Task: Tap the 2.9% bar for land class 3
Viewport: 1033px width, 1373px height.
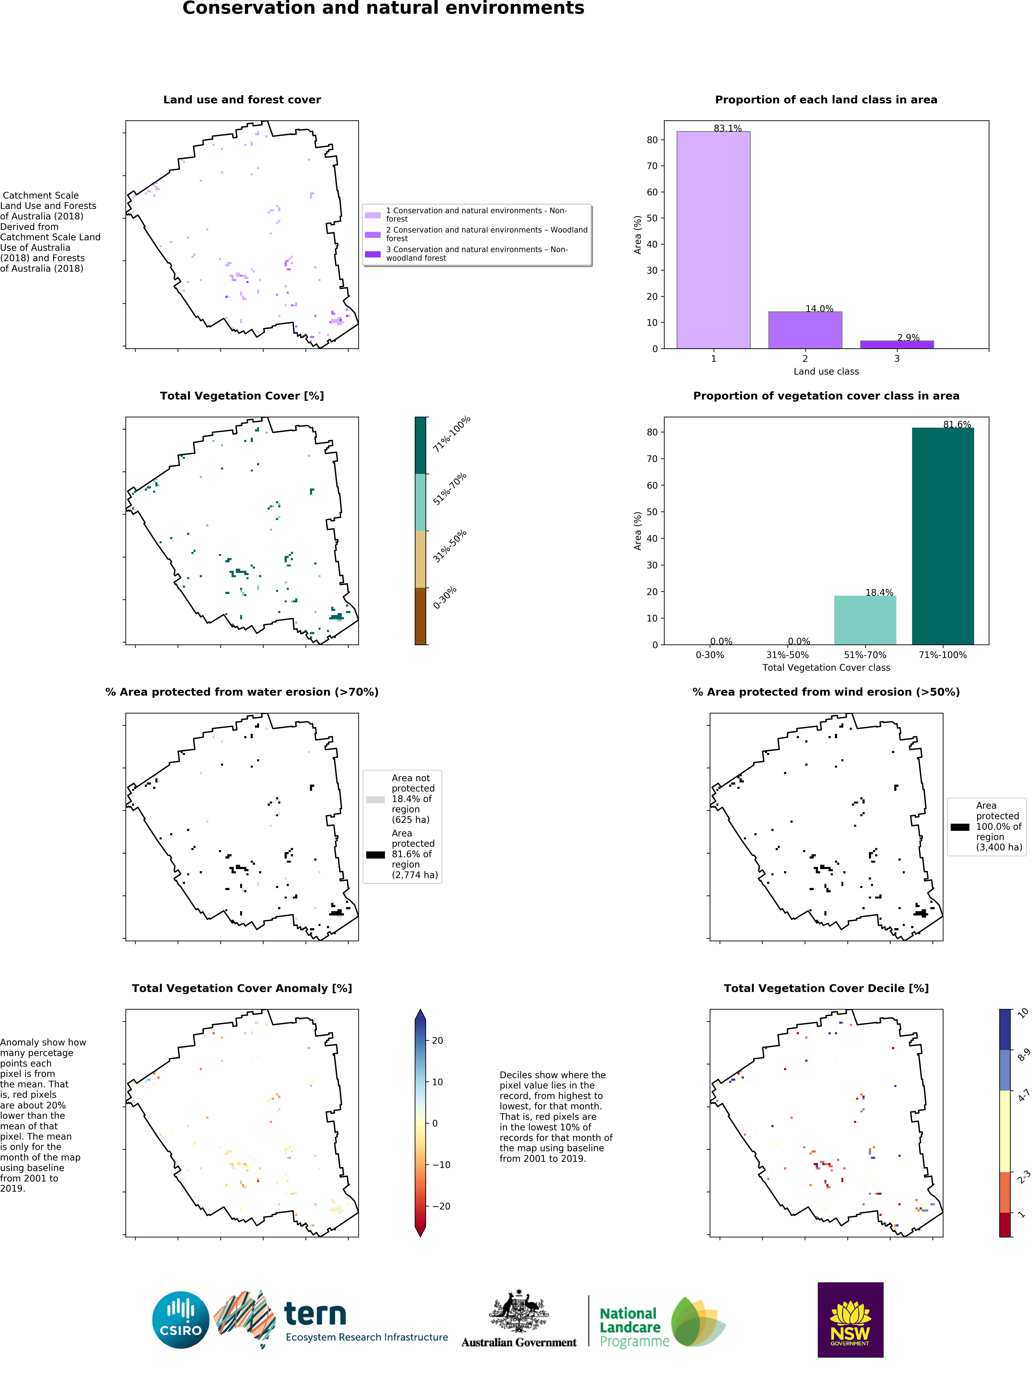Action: click(x=897, y=344)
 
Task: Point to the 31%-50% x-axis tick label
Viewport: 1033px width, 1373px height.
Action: click(x=787, y=655)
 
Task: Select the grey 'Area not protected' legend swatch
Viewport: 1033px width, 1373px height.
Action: click(x=375, y=799)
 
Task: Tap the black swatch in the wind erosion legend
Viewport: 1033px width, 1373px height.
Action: click(x=960, y=827)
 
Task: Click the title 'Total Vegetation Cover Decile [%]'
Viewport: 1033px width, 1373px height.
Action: click(x=826, y=988)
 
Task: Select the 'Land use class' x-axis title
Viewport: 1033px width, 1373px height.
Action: click(x=826, y=371)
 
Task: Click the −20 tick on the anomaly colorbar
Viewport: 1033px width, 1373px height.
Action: click(x=441, y=1206)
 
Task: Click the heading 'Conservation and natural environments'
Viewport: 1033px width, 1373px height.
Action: click(x=383, y=9)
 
